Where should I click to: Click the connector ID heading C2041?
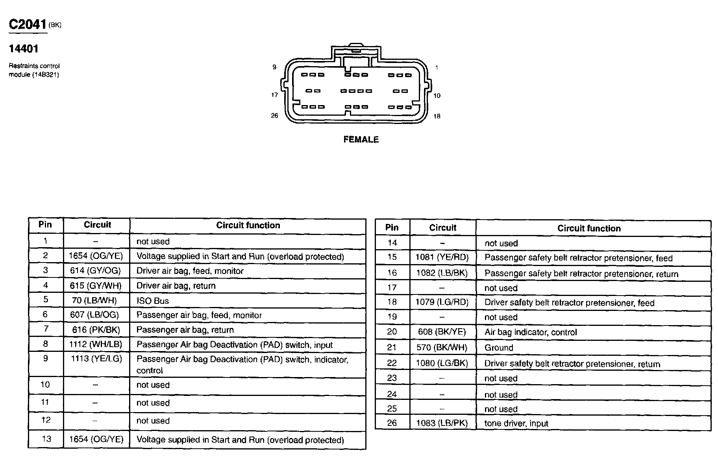pos(28,25)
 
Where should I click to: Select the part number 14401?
pos(24,49)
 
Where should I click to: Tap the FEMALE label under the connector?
pos(361,140)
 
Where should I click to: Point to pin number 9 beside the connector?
pos(274,67)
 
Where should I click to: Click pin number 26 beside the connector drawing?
pos(274,116)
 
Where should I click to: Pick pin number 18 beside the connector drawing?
pos(437,116)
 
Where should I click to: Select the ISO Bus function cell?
pos(153,301)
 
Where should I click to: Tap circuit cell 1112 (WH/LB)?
pos(96,345)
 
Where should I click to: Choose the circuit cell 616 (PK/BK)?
pos(96,330)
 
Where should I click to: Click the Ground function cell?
pos(499,348)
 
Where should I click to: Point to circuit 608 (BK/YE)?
pos(442,332)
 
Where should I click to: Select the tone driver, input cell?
pos(516,423)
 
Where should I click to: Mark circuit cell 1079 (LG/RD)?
pos(442,303)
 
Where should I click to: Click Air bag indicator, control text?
pos(531,332)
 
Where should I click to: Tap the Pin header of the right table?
pos(392,227)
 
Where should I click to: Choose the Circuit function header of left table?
pos(248,226)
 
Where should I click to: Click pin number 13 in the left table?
pos(46,439)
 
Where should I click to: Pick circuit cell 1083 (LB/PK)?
pos(442,423)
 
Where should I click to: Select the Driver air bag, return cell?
pos(176,286)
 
